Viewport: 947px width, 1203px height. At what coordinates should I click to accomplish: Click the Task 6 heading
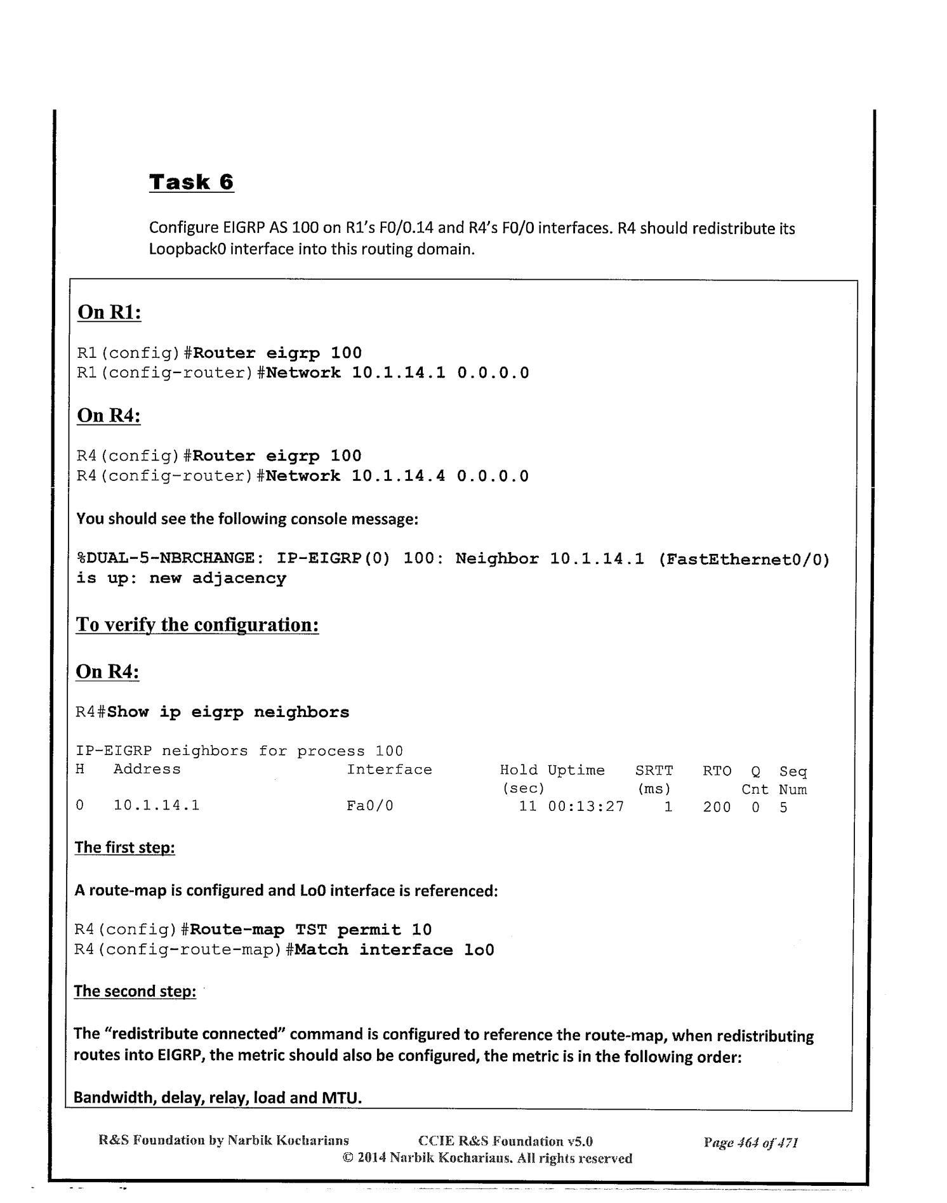(x=191, y=182)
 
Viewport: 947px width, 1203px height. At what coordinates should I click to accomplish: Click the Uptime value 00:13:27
(x=586, y=806)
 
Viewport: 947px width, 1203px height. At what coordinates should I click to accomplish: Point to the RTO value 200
(x=717, y=807)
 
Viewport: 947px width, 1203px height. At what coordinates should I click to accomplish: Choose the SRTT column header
(x=654, y=770)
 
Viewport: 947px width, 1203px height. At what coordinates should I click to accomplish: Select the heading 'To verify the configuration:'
(x=197, y=625)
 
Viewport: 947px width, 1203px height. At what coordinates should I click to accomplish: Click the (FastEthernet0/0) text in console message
(x=744, y=559)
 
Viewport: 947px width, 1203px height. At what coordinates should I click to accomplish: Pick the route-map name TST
(x=311, y=930)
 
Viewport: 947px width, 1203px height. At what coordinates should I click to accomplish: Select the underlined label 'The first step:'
(x=124, y=848)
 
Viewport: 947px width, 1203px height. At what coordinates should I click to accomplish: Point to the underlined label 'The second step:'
(x=135, y=991)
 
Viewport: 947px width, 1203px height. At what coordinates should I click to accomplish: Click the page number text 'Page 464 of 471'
(x=750, y=1143)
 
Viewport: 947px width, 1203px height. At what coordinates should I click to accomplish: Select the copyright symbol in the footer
(x=348, y=1158)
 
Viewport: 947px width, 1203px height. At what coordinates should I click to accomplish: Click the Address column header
(x=147, y=770)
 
